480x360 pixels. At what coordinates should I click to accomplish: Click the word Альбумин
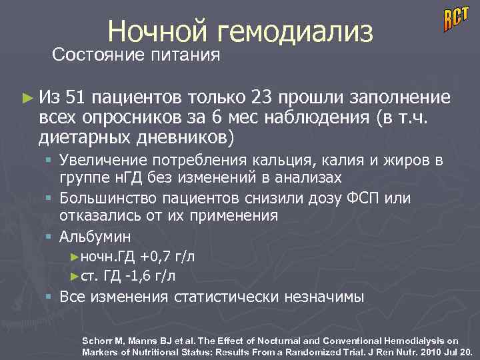[x=95, y=236]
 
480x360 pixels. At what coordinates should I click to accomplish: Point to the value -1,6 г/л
[x=153, y=274]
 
